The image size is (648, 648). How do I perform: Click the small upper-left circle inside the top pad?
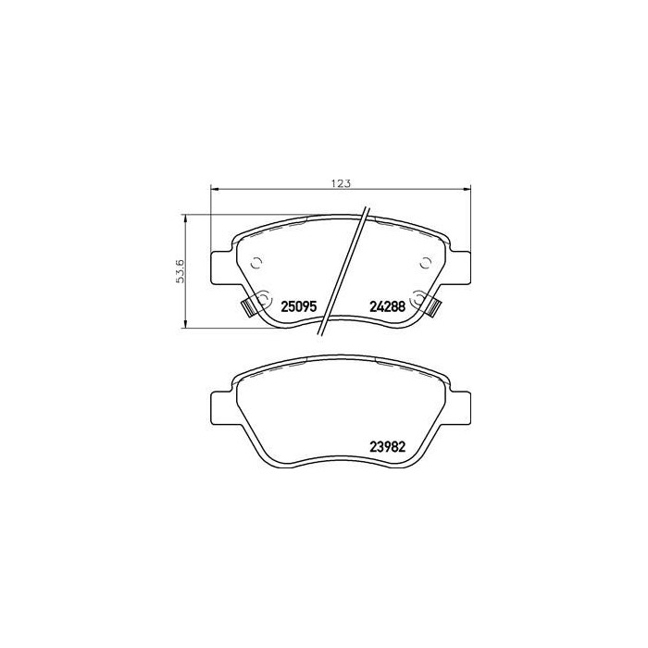pos(257,260)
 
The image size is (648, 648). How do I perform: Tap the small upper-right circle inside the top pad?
pos(425,260)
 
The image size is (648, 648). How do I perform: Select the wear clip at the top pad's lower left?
pos(248,307)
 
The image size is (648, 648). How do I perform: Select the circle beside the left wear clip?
pos(262,299)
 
